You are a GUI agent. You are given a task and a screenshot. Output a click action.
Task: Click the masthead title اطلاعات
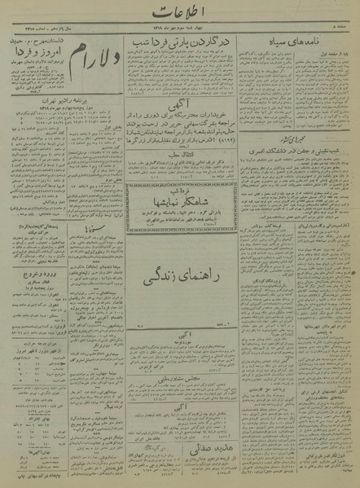click(x=180, y=12)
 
